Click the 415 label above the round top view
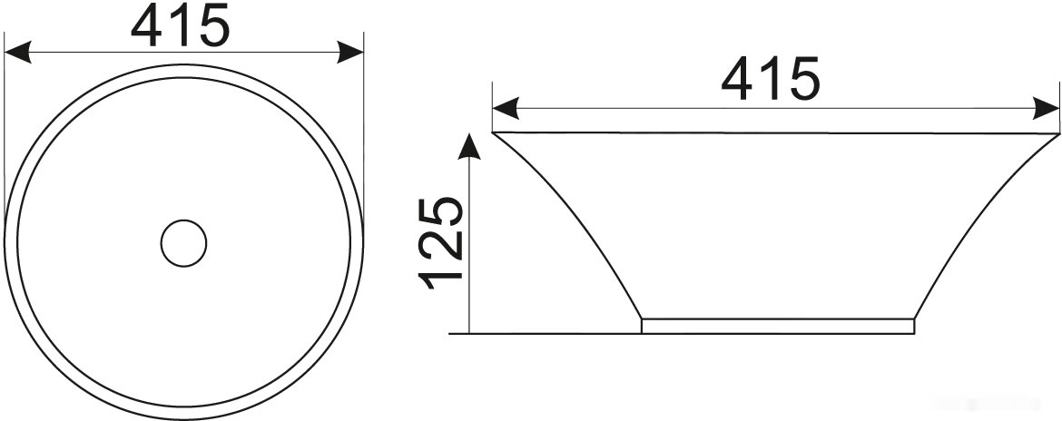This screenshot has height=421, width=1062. (181, 25)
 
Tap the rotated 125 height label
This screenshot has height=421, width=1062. (441, 242)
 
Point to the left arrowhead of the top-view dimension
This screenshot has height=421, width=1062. (17, 52)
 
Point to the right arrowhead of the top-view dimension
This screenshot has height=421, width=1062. (350, 52)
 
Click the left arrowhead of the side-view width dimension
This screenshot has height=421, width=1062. (506, 108)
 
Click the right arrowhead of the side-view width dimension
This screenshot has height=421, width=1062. (1046, 108)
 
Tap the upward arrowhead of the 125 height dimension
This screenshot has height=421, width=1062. (468, 146)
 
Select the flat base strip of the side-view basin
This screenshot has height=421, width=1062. (778, 327)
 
